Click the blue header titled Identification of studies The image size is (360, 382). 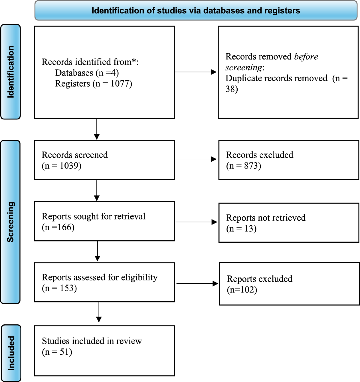(196, 11)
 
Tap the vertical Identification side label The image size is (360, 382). (10, 72)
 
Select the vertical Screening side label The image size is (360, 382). (10, 222)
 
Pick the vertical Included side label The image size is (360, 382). (11, 353)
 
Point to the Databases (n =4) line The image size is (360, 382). (87, 73)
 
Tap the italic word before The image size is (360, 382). (306, 57)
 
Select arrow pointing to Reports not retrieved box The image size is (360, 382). (196, 222)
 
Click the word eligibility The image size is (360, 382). (139, 278)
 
